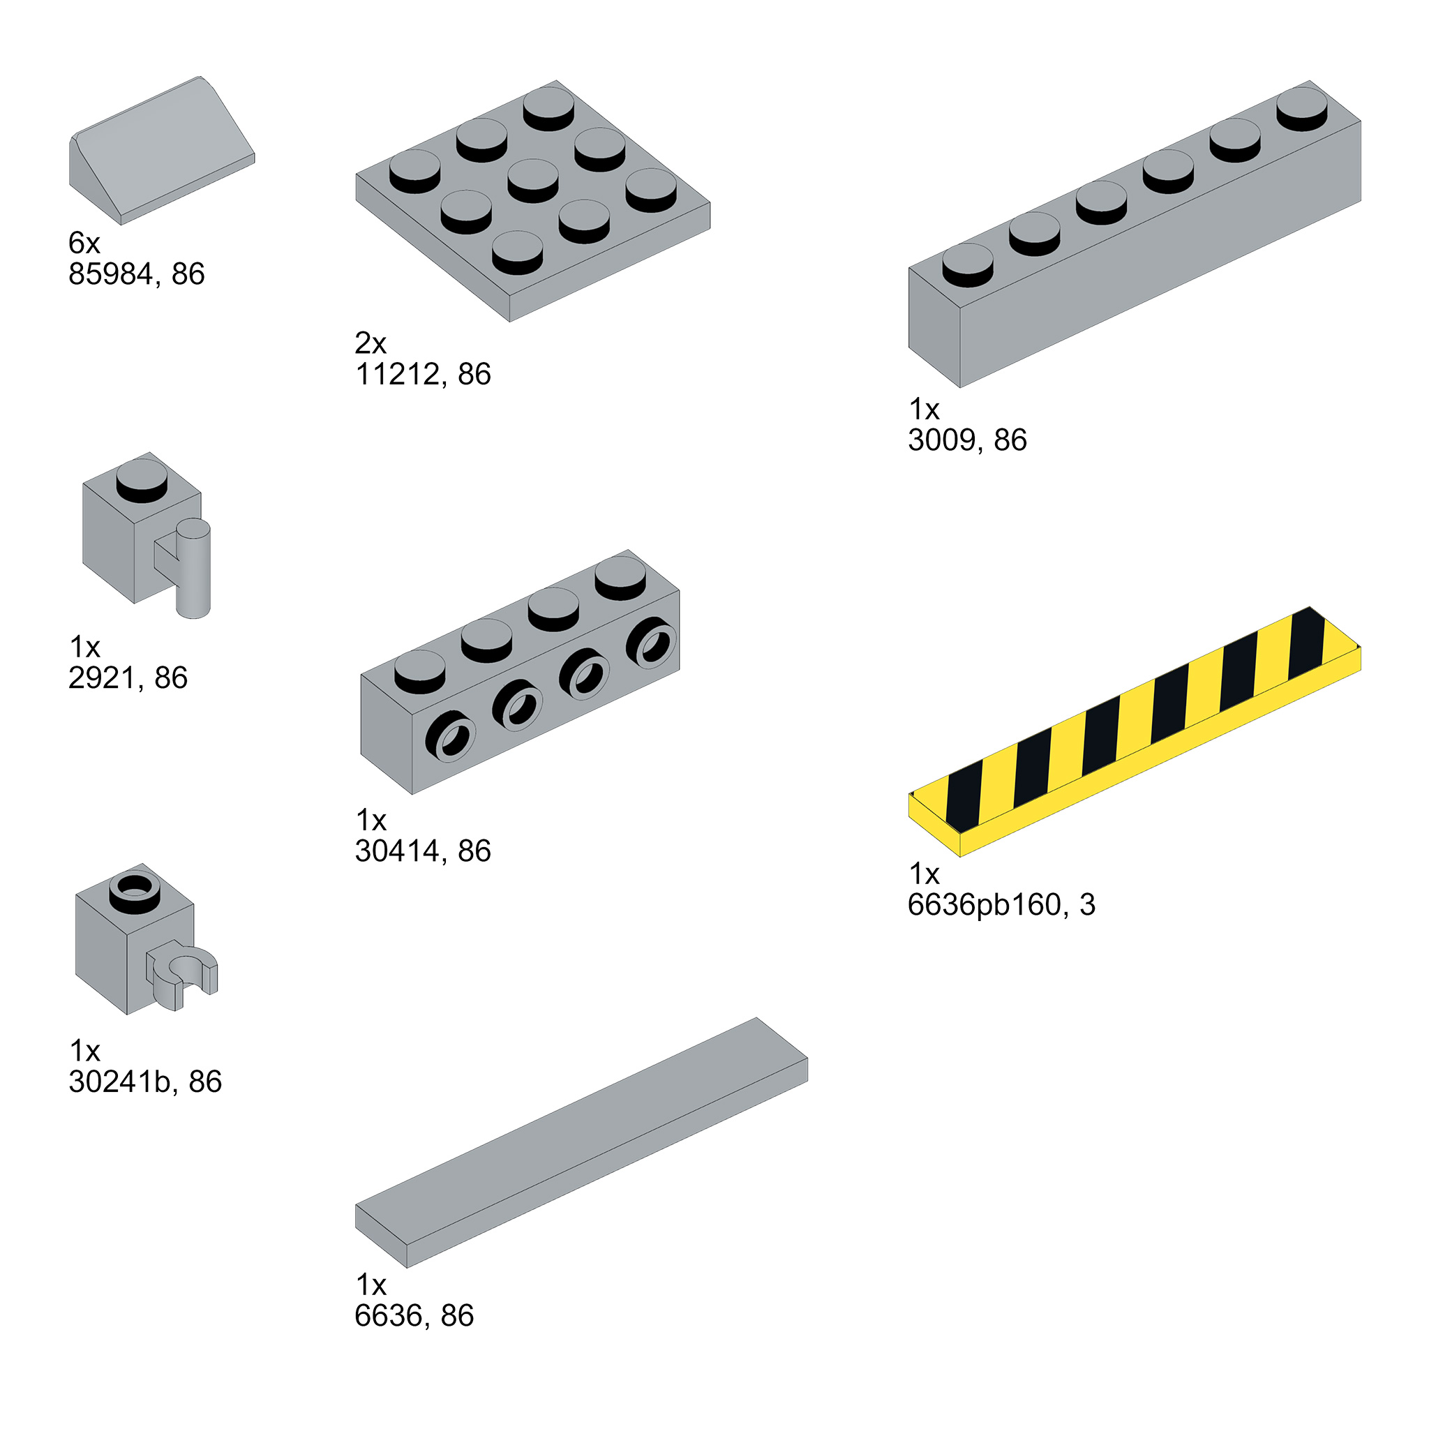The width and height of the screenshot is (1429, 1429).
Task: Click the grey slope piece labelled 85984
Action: pyautogui.click(x=162, y=150)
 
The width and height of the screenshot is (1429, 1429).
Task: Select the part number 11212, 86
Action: pyautogui.click(x=423, y=374)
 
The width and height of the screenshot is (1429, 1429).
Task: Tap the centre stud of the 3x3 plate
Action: pyautogui.click(x=532, y=180)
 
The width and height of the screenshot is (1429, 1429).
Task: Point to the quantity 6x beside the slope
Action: pyautogui.click(x=84, y=243)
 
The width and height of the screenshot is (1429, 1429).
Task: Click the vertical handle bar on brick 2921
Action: pyautogui.click(x=193, y=568)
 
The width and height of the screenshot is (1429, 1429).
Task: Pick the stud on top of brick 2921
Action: pyautogui.click(x=141, y=480)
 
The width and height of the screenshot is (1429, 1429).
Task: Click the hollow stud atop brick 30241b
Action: pyautogui.click(x=134, y=892)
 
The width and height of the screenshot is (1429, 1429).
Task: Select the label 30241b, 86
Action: pyautogui.click(x=145, y=1082)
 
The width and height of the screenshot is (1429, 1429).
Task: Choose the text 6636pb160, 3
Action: pyautogui.click(x=1001, y=904)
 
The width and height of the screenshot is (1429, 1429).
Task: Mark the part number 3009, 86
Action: pyautogui.click(x=968, y=440)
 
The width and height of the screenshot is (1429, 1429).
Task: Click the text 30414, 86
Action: pyautogui.click(x=423, y=851)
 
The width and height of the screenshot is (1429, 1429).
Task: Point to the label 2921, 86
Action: pyautogui.click(x=128, y=678)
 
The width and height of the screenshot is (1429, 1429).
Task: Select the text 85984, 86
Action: pyautogui.click(x=137, y=274)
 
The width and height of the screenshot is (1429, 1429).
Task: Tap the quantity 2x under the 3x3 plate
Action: pyautogui.click(x=371, y=343)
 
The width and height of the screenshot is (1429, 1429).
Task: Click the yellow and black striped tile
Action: pyautogui.click(x=1135, y=731)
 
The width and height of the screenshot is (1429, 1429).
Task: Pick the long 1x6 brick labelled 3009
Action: pyautogui.click(x=1135, y=234)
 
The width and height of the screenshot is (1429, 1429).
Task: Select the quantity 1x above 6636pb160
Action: pyautogui.click(x=924, y=874)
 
